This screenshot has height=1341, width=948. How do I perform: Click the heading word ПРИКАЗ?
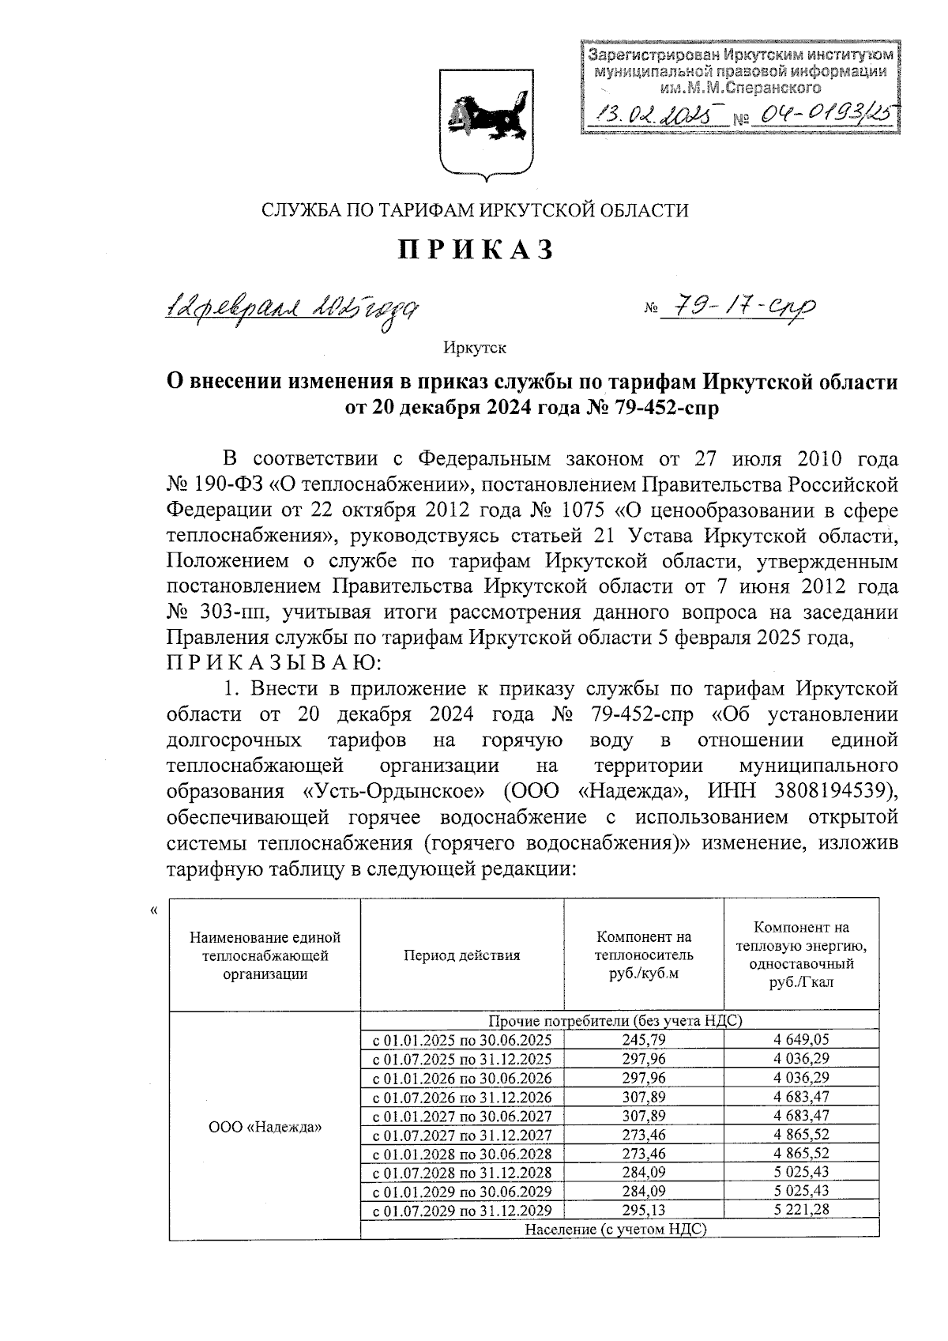[x=476, y=249]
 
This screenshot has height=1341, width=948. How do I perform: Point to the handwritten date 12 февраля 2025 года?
[x=291, y=309]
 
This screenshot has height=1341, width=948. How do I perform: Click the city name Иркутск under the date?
[x=475, y=348]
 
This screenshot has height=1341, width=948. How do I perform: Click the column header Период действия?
[x=462, y=955]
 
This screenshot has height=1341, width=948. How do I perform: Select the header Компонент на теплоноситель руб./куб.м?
[x=644, y=955]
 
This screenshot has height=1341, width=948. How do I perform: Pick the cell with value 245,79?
[x=644, y=1040]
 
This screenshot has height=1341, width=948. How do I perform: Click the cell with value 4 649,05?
[x=801, y=1040]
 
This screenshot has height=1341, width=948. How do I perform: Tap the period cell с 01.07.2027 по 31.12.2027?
[x=462, y=1135]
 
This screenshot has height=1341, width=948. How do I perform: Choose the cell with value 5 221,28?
[x=801, y=1211]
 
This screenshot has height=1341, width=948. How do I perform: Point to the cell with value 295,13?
[x=644, y=1211]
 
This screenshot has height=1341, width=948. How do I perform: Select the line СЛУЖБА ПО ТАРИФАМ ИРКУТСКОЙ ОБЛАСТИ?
[x=475, y=210]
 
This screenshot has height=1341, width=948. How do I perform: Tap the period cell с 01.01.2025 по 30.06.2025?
[x=462, y=1040]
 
